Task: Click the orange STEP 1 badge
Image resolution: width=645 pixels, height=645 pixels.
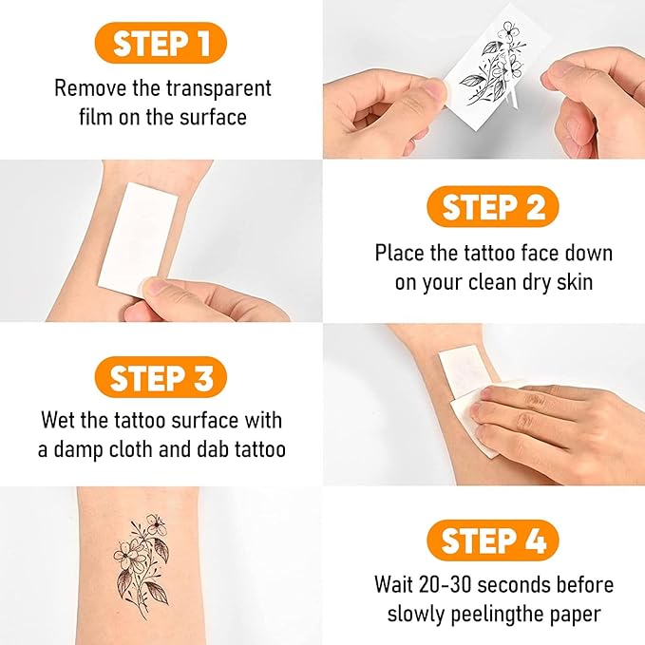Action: tap(161, 43)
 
